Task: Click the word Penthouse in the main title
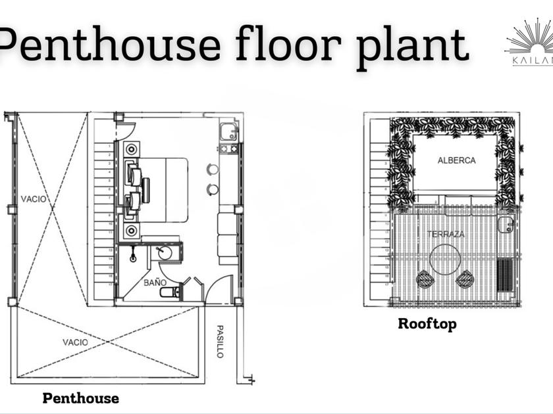tap(109, 45)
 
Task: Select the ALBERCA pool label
tap(456, 160)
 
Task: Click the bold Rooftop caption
tap(427, 324)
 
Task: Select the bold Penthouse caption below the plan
tap(80, 398)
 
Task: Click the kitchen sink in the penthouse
tap(228, 132)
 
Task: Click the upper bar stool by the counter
tap(213, 169)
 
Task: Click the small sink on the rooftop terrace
tap(505, 225)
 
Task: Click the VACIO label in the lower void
tap(75, 342)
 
